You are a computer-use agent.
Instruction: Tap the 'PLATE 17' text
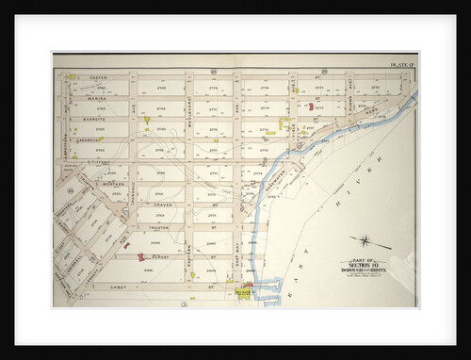pos(402,64)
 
